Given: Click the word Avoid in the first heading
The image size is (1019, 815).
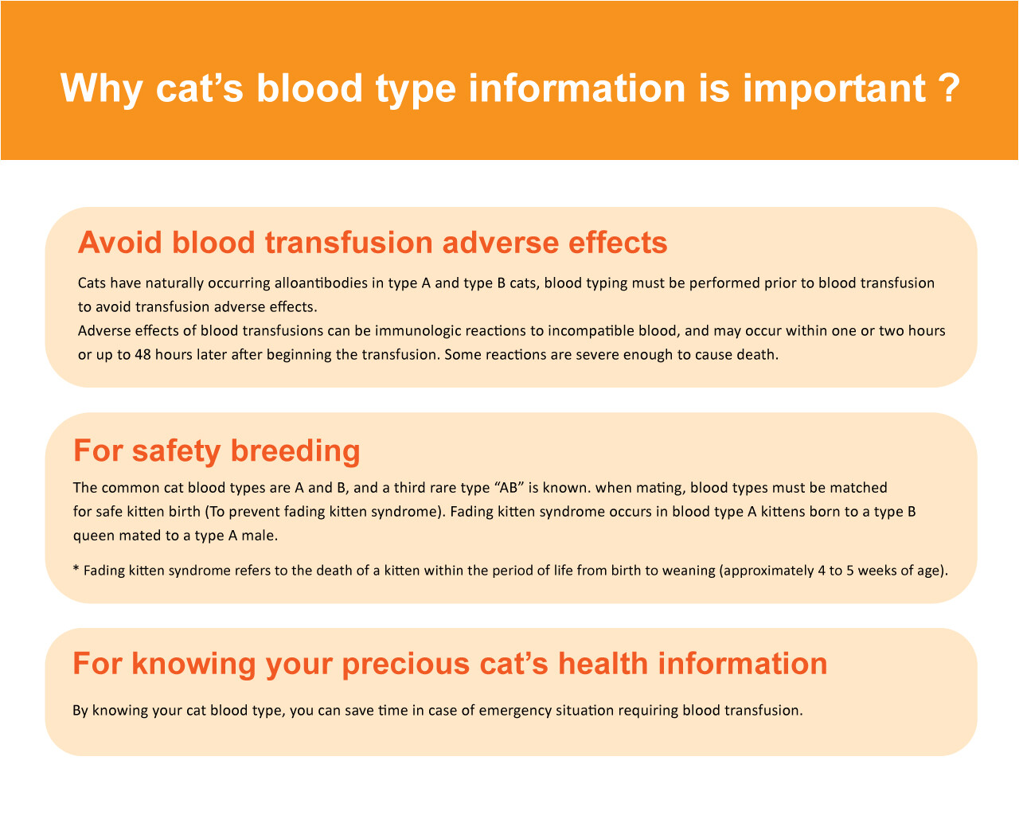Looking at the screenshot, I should (119, 243).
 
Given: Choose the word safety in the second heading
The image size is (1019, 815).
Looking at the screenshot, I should (175, 450).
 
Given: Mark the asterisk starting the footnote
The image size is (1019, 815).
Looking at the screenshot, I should (76, 570).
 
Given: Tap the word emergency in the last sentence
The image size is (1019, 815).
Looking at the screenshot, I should (512, 711).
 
